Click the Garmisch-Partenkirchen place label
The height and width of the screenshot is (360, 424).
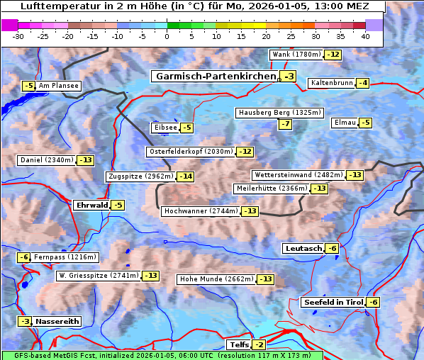coord(215,77)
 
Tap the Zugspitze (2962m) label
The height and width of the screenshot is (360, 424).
coord(140,176)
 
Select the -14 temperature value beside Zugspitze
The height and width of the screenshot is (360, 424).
coord(185,176)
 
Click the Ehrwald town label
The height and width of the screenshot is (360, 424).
coord(91,206)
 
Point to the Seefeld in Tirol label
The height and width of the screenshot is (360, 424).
coord(333,303)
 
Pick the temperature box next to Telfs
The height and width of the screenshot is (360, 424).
coord(260,345)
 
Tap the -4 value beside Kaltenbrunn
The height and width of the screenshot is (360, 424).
coord(362,83)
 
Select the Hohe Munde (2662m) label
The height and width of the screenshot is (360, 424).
coord(217,279)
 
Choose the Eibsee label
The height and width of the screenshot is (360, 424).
coord(164,128)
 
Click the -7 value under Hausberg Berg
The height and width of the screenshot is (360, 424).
coord(285,124)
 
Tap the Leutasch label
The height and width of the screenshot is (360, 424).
coord(303,248)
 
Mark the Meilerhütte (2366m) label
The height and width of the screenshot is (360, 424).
coord(272,189)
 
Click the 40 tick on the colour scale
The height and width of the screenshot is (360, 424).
coord(365,36)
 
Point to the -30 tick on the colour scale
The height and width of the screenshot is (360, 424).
coord(18,36)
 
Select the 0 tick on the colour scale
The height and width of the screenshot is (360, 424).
coord(167,36)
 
